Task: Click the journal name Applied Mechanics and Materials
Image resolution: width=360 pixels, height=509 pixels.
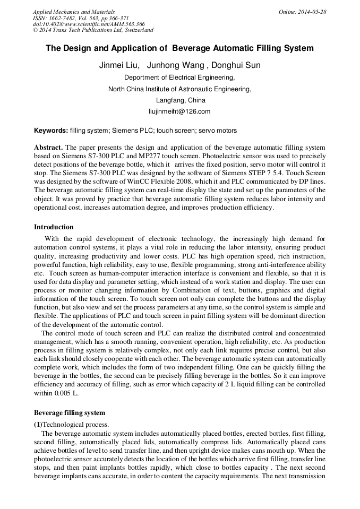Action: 74,12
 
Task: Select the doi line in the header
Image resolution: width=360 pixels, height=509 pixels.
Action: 89,24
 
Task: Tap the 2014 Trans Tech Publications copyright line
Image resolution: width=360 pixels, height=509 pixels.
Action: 93,31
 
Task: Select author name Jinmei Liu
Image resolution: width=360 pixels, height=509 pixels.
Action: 119,66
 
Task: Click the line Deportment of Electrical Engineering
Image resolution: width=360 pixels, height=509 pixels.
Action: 179,77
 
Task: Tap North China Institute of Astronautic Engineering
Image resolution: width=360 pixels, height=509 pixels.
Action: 179,89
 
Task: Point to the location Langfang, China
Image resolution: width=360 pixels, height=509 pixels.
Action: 180,100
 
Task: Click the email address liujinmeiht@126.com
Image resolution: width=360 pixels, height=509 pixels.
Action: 179,111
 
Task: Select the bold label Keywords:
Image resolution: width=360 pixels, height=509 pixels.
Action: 51,131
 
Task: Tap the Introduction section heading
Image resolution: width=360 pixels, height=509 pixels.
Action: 54,227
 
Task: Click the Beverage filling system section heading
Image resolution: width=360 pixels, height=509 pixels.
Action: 70,412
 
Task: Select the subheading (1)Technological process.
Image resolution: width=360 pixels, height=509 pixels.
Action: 72,424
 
